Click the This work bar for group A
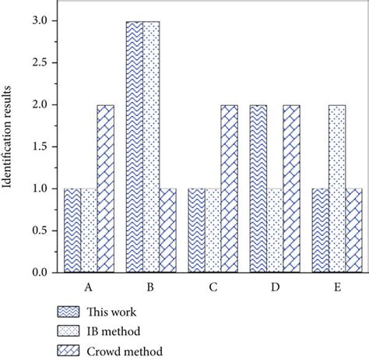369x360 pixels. pyautogui.click(x=72, y=231)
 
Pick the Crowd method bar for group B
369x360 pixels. pyautogui.click(x=167, y=231)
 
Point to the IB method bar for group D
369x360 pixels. pyautogui.click(x=275, y=231)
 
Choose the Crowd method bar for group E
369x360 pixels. pyautogui.click(x=353, y=231)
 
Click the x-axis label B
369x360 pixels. pyautogui.click(x=150, y=287)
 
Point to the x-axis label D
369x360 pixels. pyautogui.click(x=275, y=287)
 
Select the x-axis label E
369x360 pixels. pyautogui.click(x=336, y=287)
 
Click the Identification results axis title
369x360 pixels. pyautogui.click(x=11, y=148)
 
